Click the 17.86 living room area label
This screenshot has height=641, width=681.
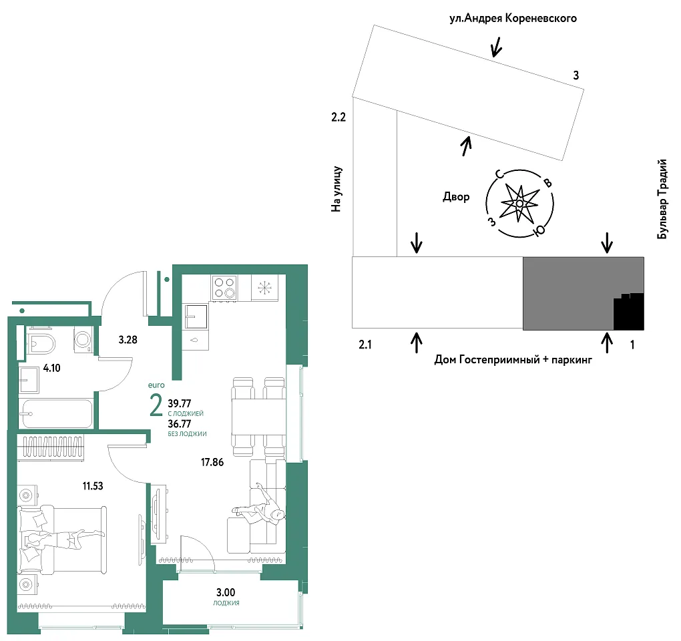212,462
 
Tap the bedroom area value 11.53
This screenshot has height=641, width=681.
93,485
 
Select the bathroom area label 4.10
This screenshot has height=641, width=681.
51,368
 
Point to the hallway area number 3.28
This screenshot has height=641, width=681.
128,340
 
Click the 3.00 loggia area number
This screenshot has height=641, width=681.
226,592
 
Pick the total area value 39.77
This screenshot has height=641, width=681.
180,403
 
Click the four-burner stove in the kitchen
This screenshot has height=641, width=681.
224,288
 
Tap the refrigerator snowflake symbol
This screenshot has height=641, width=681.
264,288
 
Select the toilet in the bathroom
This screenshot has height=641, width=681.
41,345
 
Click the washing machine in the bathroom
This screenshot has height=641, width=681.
83,339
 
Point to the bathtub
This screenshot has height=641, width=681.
57,413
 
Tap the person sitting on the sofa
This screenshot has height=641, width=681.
260,506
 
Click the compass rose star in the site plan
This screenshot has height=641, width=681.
519,203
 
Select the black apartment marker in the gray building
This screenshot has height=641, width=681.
628,311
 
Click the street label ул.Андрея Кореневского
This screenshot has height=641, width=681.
513,18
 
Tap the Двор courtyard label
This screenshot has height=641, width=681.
456,197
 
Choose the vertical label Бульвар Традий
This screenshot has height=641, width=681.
662,199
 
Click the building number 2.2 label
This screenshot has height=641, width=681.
338,117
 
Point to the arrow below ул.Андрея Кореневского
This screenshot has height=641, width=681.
496,47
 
